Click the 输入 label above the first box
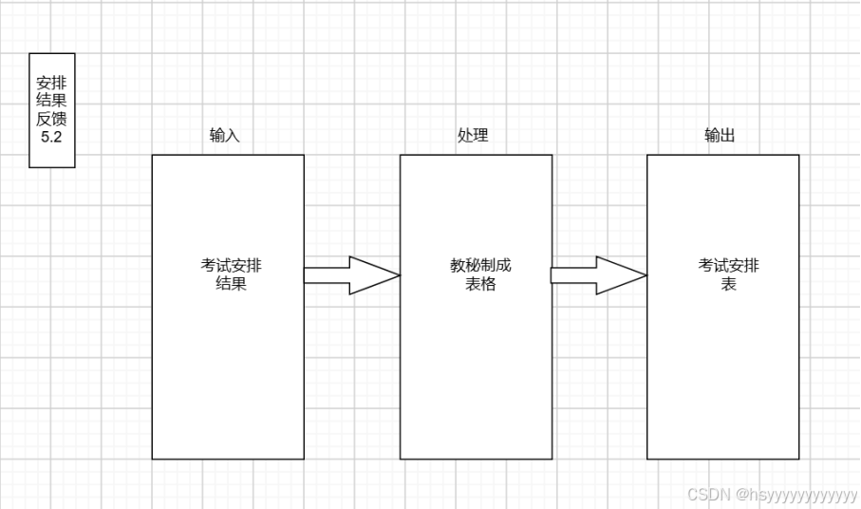(225, 136)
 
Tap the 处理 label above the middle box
(473, 136)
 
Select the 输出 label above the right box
(720, 136)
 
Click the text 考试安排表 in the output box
(728, 274)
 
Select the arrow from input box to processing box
(351, 275)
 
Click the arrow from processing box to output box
(598, 275)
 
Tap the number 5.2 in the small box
(51, 138)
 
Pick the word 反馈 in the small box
(51, 120)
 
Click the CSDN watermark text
(705, 494)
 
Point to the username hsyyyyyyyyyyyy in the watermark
(801, 494)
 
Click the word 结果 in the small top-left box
(51, 102)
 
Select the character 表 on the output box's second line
(728, 284)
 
